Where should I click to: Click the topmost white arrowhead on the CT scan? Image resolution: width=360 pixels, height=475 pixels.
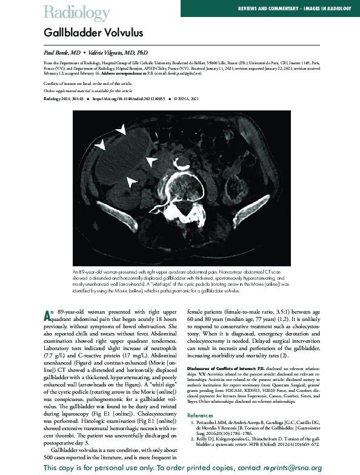click(x=122, y=130)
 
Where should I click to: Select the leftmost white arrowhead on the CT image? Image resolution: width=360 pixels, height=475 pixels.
click(x=100, y=144)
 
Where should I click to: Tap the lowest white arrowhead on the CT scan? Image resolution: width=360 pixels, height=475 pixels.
click(x=131, y=181)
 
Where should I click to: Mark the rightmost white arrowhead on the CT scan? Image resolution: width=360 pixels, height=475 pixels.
click(x=149, y=161)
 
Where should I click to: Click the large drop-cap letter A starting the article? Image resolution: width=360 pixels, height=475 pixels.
click(x=49, y=316)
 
